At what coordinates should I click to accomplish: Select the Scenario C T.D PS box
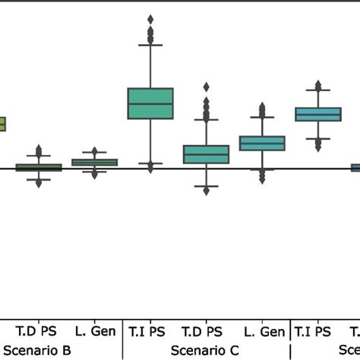point(206,154)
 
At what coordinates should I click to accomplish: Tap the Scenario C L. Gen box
point(262,144)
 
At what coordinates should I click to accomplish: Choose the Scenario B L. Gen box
point(94,162)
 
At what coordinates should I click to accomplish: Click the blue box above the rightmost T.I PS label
point(317,114)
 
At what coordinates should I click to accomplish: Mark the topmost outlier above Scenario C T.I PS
point(150,19)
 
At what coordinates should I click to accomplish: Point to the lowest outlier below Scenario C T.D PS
point(206,191)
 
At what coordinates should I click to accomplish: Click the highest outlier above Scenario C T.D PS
point(206,87)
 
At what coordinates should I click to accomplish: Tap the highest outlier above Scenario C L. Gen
point(262,106)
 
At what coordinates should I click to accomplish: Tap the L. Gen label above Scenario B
point(95,331)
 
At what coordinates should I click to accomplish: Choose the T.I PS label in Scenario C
point(147,331)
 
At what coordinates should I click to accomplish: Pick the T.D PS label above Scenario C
point(202,331)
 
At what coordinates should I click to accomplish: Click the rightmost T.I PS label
point(312,331)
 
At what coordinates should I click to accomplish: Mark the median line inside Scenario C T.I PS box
point(150,104)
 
